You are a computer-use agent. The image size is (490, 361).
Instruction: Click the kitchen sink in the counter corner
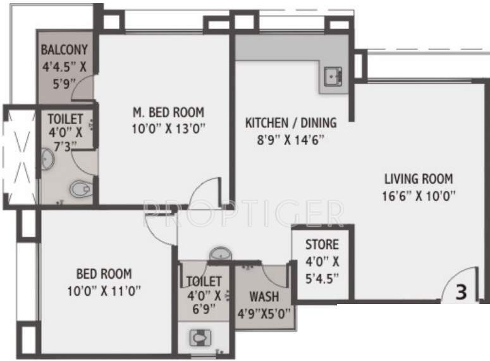333,78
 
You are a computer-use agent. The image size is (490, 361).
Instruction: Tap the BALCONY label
64,50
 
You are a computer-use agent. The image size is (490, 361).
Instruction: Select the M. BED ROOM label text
168,112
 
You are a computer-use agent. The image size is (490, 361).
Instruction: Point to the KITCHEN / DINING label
291,123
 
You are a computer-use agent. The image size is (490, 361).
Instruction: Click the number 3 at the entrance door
462,293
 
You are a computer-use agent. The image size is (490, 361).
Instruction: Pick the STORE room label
322,244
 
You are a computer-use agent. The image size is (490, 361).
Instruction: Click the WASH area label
264,296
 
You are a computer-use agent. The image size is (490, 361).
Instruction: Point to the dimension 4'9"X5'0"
264,313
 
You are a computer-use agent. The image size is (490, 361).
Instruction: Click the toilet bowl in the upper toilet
80,188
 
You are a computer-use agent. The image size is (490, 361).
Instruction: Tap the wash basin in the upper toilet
48,158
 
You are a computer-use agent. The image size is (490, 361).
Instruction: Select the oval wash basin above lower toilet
220,253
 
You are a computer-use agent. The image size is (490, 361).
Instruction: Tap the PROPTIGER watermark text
243,212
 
